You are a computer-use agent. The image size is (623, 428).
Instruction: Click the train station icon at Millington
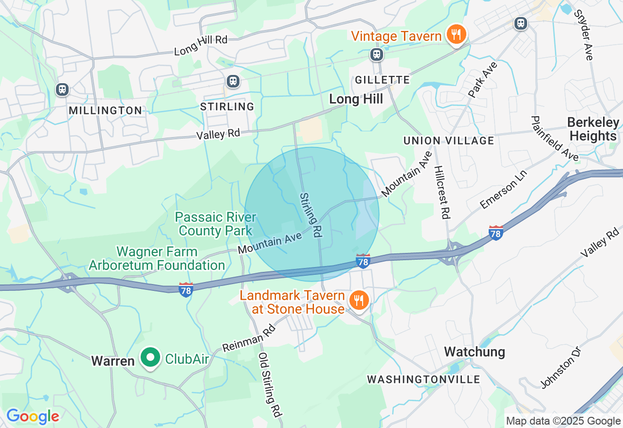point(62,89)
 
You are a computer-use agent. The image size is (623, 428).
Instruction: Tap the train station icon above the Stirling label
point(233,81)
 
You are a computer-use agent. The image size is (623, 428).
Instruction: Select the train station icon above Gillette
point(377,54)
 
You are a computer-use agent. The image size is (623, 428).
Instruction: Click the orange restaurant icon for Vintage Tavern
point(456,35)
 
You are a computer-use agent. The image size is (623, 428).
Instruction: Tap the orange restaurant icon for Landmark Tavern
point(359,300)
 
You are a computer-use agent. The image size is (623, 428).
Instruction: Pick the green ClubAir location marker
point(151,358)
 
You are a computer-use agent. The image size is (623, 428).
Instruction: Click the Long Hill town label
point(356,99)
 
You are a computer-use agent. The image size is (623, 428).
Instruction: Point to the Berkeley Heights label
point(593,129)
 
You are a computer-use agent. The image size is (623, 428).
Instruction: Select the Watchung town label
point(474,352)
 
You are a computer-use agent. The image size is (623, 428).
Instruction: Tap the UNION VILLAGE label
point(449,141)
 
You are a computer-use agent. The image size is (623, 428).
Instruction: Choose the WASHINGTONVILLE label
point(423,379)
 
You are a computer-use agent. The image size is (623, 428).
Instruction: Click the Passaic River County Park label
point(216,224)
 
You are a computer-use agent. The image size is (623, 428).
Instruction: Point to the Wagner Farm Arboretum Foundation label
point(157,258)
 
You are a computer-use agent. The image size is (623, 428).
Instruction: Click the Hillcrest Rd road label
point(441,193)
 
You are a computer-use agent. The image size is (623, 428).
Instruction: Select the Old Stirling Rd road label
point(271,384)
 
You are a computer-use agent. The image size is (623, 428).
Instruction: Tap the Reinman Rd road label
point(249,339)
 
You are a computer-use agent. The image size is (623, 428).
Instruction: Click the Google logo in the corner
point(33,416)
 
